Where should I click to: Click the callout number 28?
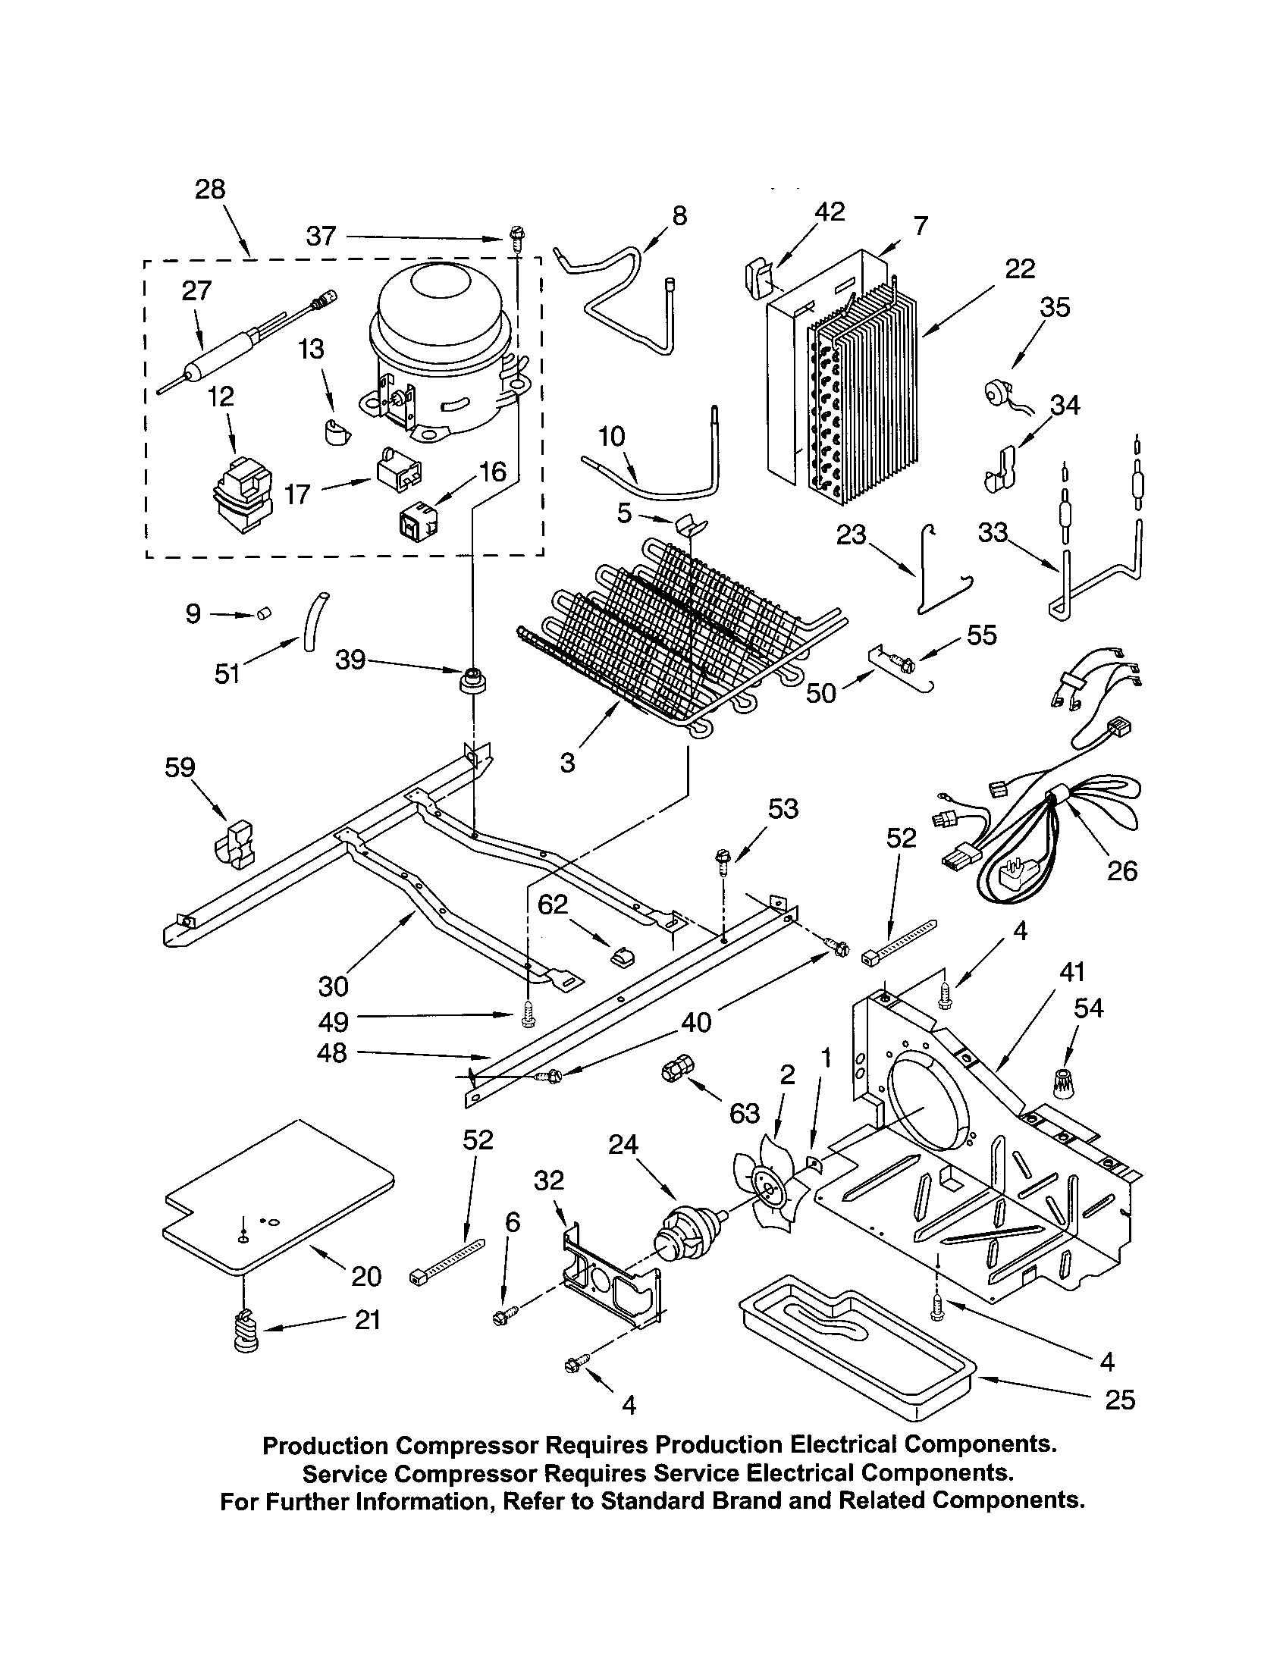tap(210, 190)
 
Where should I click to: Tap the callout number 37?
tap(321, 236)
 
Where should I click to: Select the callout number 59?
tap(180, 767)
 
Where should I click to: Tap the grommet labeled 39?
tap(473, 679)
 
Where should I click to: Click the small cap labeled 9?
tap(265, 613)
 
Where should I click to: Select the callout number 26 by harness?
tap(1121, 870)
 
